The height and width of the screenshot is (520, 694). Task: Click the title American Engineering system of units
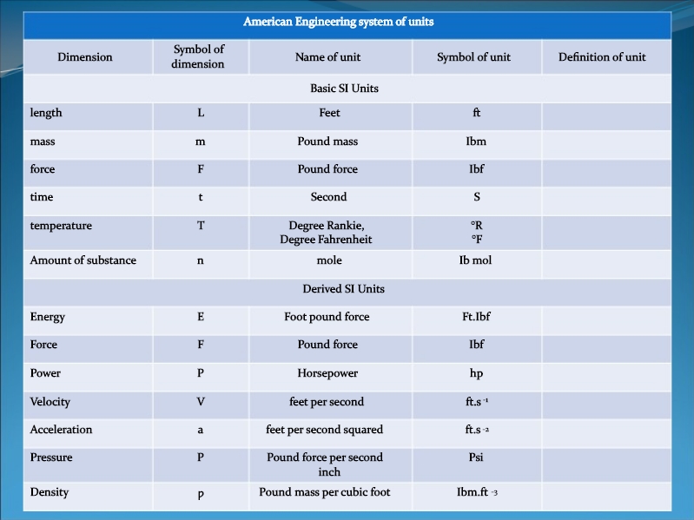tap(339, 22)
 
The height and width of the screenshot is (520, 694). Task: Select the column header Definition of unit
tap(602, 57)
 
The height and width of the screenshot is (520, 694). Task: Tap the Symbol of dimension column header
tap(198, 56)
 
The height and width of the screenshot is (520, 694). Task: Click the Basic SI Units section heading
tap(344, 89)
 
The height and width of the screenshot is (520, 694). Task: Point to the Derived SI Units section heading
tap(343, 289)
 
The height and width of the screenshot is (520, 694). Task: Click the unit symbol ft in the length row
tap(476, 113)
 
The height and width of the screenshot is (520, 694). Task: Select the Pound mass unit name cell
tap(327, 142)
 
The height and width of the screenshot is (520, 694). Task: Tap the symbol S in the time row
tap(477, 197)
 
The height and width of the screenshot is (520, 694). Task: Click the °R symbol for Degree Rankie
tap(477, 226)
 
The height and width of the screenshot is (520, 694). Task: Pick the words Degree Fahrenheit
tap(326, 240)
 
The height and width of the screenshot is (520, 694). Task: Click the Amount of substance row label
tap(83, 260)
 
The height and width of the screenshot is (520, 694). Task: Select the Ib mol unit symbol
tap(475, 260)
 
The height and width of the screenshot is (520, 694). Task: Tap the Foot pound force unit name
tap(327, 317)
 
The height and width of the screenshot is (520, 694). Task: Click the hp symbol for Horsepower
tap(476, 373)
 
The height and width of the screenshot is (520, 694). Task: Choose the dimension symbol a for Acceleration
tap(200, 431)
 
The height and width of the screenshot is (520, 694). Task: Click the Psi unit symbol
tap(476, 457)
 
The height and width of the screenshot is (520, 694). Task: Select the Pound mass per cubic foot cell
tap(325, 492)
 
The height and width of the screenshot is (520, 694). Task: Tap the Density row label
tap(50, 492)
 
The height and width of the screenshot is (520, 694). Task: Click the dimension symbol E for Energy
tap(201, 317)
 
